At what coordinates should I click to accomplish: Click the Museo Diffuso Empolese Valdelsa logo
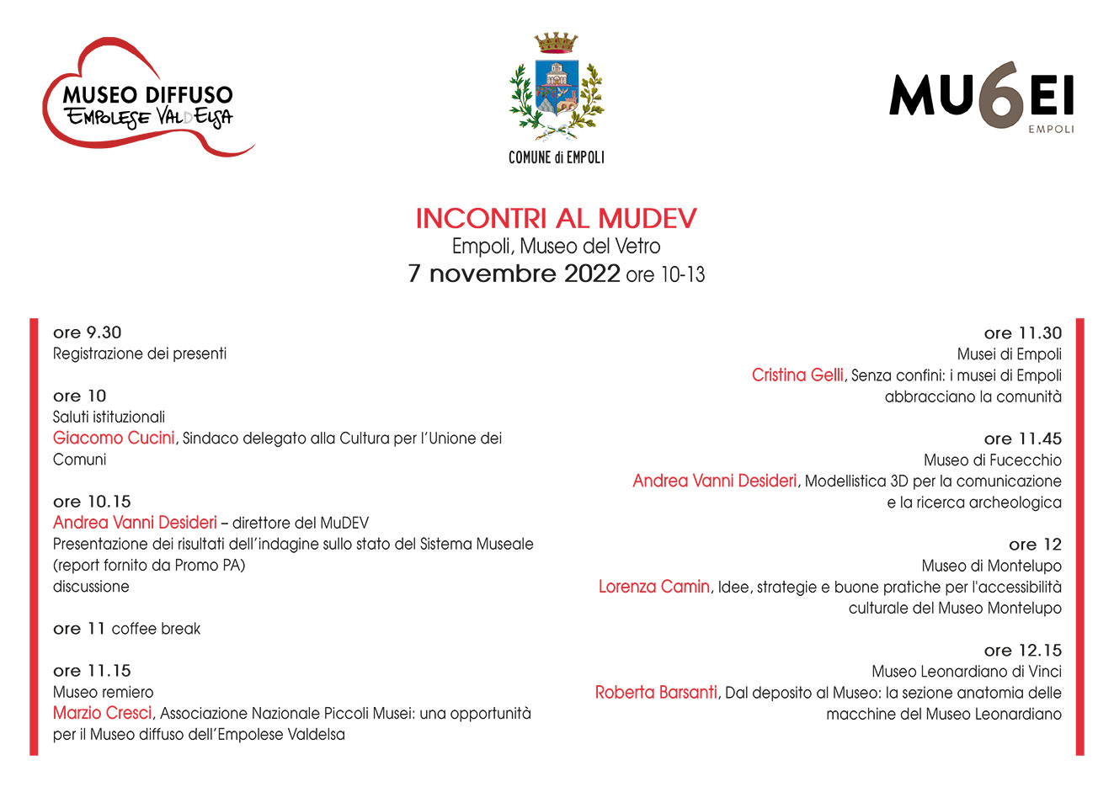point(147,99)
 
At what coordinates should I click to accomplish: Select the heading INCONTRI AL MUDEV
point(556,219)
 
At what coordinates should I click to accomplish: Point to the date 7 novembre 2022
point(514,274)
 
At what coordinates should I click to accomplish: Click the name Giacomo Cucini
point(114,438)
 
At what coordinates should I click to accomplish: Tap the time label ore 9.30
point(87,332)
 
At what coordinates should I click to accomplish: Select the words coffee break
point(156,629)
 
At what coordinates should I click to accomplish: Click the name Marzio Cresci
point(103,713)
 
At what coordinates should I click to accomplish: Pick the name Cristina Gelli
point(797,375)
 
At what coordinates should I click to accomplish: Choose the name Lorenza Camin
point(654,587)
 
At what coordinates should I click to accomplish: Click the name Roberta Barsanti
point(656,693)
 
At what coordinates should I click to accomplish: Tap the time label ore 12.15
point(1022,650)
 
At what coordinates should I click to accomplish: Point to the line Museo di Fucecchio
point(992,460)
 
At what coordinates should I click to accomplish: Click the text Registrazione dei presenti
point(140,354)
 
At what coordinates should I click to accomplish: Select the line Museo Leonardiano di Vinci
point(966,672)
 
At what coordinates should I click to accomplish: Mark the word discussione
point(91,587)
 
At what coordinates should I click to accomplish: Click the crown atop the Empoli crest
point(557,42)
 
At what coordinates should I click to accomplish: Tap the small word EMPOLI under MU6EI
point(1051,130)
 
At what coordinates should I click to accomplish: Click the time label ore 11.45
point(1022,439)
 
